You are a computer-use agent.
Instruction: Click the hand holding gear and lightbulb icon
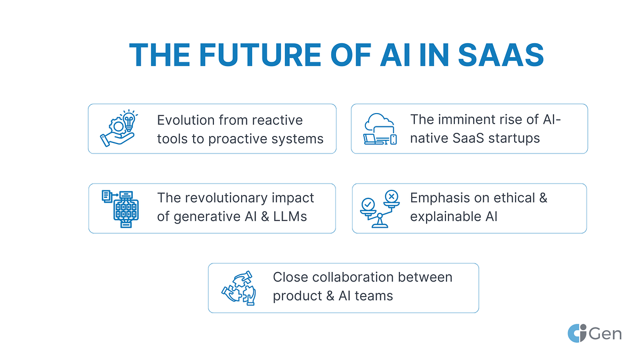click(x=118, y=129)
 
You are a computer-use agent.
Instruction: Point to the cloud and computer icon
click(x=380, y=129)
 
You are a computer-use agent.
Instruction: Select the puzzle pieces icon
click(x=238, y=288)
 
